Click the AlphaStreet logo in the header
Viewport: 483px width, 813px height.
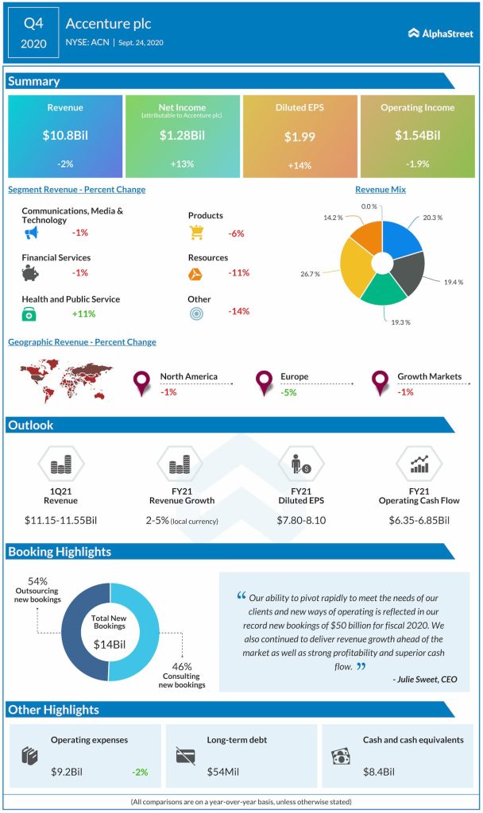tap(441, 33)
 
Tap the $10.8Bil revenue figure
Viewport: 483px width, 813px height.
tap(65, 136)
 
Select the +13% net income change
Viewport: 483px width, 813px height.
tap(182, 164)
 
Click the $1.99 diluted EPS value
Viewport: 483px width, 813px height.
tap(299, 137)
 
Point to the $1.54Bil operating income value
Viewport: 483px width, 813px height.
tap(417, 136)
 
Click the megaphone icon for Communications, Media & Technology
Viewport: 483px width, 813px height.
tap(31, 233)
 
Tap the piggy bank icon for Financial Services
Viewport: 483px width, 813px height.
tap(31, 273)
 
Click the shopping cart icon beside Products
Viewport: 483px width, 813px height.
tap(197, 232)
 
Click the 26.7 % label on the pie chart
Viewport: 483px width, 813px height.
tap(310, 274)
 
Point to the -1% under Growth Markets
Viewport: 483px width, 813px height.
tap(405, 391)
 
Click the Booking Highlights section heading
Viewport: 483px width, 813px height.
tap(60, 551)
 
